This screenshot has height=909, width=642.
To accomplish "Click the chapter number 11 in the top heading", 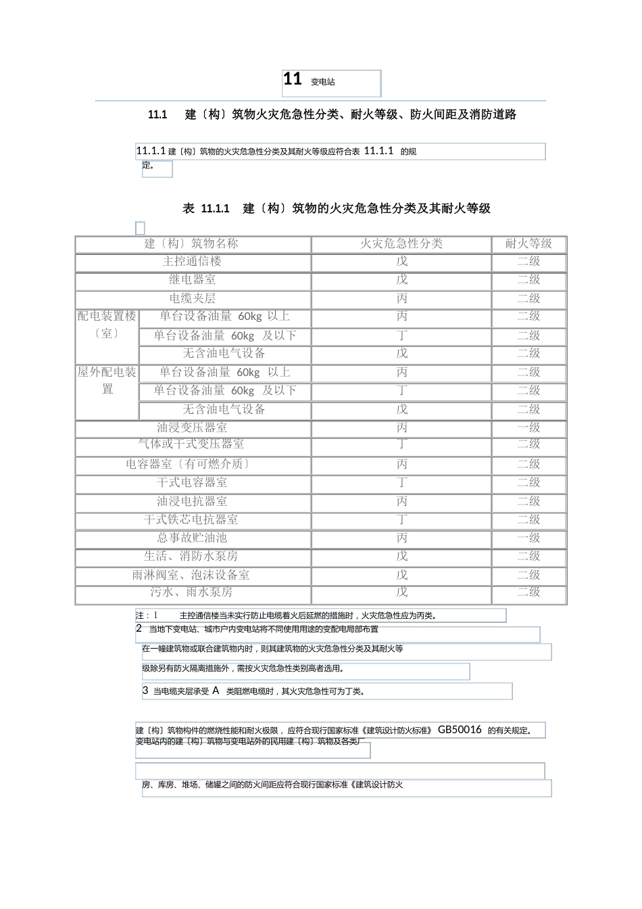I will point(293,80).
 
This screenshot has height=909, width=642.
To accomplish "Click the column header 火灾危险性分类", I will point(401,244).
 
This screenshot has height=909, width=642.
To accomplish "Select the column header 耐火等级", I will point(528,244).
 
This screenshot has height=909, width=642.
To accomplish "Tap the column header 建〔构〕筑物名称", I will point(192,244).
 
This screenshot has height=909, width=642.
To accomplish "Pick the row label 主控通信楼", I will point(192,262).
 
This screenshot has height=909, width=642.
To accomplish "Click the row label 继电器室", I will point(192,280).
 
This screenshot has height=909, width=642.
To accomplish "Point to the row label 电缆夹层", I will point(192,298).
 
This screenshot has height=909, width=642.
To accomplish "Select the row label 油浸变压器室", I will point(192,427).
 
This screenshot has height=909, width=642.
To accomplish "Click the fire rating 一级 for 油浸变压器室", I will point(528,427).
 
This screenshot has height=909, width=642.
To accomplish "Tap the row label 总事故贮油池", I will point(192,538).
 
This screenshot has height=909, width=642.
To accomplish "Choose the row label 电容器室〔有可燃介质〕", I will point(189,464).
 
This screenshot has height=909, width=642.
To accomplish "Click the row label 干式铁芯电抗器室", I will point(191,519).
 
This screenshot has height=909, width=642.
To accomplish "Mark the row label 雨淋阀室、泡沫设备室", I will point(191,575).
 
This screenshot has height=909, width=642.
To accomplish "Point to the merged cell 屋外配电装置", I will point(107,381).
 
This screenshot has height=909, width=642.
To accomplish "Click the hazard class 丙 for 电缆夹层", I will point(402,298).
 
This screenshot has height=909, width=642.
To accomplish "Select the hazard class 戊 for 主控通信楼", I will point(402,262).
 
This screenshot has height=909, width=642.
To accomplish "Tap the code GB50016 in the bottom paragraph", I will point(460,730).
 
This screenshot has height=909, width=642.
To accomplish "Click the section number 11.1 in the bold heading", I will point(157,115).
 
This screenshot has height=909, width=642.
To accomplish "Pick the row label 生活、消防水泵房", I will point(191,556).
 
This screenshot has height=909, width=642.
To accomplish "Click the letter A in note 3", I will point(216,691).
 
